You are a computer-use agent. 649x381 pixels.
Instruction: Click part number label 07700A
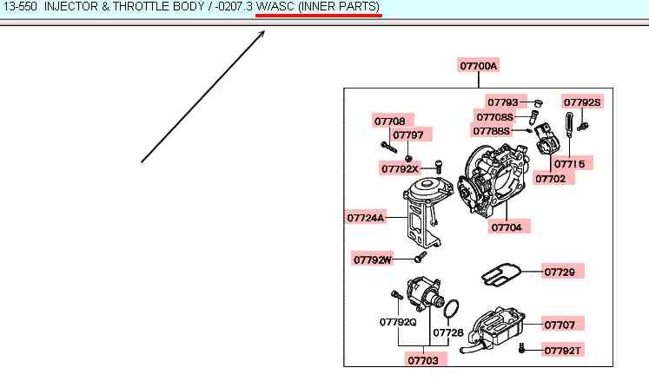(x=479, y=66)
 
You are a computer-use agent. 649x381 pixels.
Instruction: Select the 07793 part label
(x=501, y=102)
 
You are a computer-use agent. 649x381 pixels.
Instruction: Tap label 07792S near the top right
(x=581, y=102)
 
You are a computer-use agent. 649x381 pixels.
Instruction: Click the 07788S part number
(x=492, y=130)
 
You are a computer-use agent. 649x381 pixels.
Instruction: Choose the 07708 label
(x=389, y=122)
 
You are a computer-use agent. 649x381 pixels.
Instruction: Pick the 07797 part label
(x=407, y=135)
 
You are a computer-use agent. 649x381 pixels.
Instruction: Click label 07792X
(x=400, y=168)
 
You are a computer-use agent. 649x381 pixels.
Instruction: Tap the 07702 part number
(x=550, y=179)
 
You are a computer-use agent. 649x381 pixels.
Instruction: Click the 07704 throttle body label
(x=507, y=227)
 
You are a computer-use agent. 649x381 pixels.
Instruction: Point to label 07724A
(x=365, y=218)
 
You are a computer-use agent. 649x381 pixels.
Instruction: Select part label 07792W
(x=374, y=259)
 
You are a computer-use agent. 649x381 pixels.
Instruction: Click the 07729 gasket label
(x=560, y=272)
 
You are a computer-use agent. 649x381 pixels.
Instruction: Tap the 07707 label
(x=560, y=325)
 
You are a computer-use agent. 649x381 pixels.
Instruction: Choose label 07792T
(x=562, y=351)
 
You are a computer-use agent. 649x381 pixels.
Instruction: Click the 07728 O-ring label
(x=448, y=332)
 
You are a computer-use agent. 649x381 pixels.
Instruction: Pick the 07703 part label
(x=426, y=358)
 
